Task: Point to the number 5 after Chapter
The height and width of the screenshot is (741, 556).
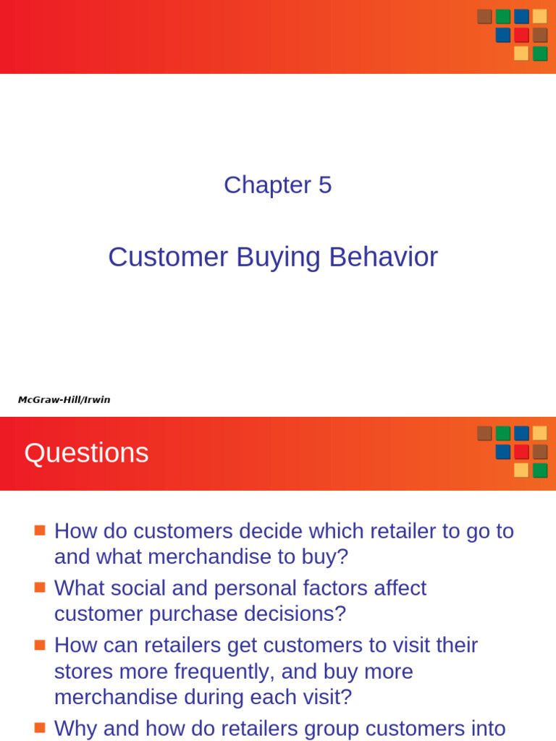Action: click(324, 185)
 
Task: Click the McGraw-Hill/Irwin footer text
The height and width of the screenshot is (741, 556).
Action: click(64, 399)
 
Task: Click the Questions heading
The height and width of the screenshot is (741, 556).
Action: click(86, 454)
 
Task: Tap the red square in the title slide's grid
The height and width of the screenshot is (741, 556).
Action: click(521, 35)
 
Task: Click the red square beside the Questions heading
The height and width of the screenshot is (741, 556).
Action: click(521, 452)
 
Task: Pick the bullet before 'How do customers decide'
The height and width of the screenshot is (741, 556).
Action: click(40, 530)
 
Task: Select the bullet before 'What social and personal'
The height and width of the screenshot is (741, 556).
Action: click(40, 587)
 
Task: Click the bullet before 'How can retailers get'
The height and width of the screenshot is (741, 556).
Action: click(40, 643)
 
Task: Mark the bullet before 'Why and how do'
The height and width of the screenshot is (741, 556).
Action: click(40, 727)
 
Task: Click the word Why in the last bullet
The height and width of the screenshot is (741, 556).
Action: click(75, 728)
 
